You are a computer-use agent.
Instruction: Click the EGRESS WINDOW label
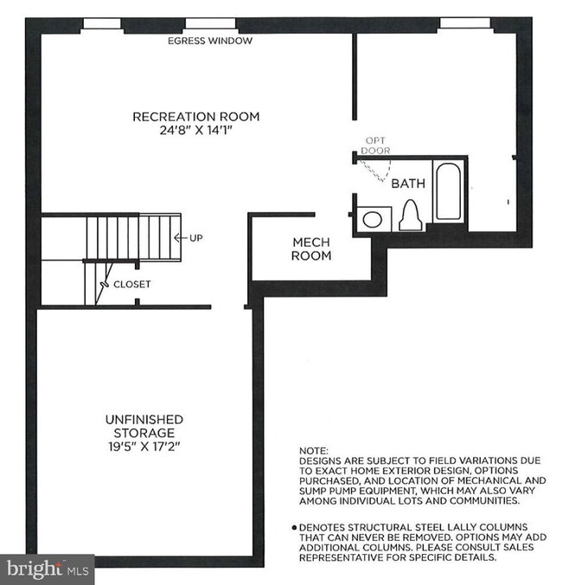(x=210, y=41)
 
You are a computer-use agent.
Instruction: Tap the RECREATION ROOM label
(x=196, y=117)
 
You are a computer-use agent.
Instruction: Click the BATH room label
(x=408, y=183)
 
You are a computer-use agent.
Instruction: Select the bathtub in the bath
(x=449, y=191)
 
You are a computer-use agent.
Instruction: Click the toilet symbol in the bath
(x=411, y=215)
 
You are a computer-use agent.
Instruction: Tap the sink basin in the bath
(x=373, y=219)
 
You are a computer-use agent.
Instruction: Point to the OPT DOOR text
(x=375, y=145)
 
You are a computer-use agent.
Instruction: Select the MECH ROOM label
(x=311, y=249)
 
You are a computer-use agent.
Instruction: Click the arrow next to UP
(x=181, y=238)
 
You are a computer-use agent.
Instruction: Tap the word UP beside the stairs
(x=196, y=238)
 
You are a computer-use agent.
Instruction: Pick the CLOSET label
(x=132, y=285)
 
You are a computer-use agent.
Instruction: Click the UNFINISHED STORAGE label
(x=144, y=426)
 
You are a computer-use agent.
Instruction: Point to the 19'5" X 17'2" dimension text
(x=144, y=447)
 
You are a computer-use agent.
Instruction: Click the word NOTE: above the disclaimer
(x=314, y=451)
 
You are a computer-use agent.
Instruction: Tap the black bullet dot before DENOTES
(x=295, y=528)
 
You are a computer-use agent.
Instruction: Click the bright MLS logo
(x=48, y=569)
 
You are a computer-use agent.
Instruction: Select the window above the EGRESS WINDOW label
(x=211, y=23)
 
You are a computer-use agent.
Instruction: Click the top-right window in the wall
(x=465, y=22)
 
